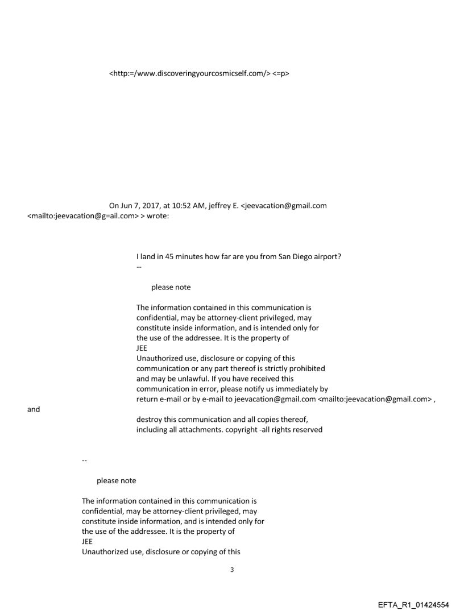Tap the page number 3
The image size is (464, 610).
click(231, 570)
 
